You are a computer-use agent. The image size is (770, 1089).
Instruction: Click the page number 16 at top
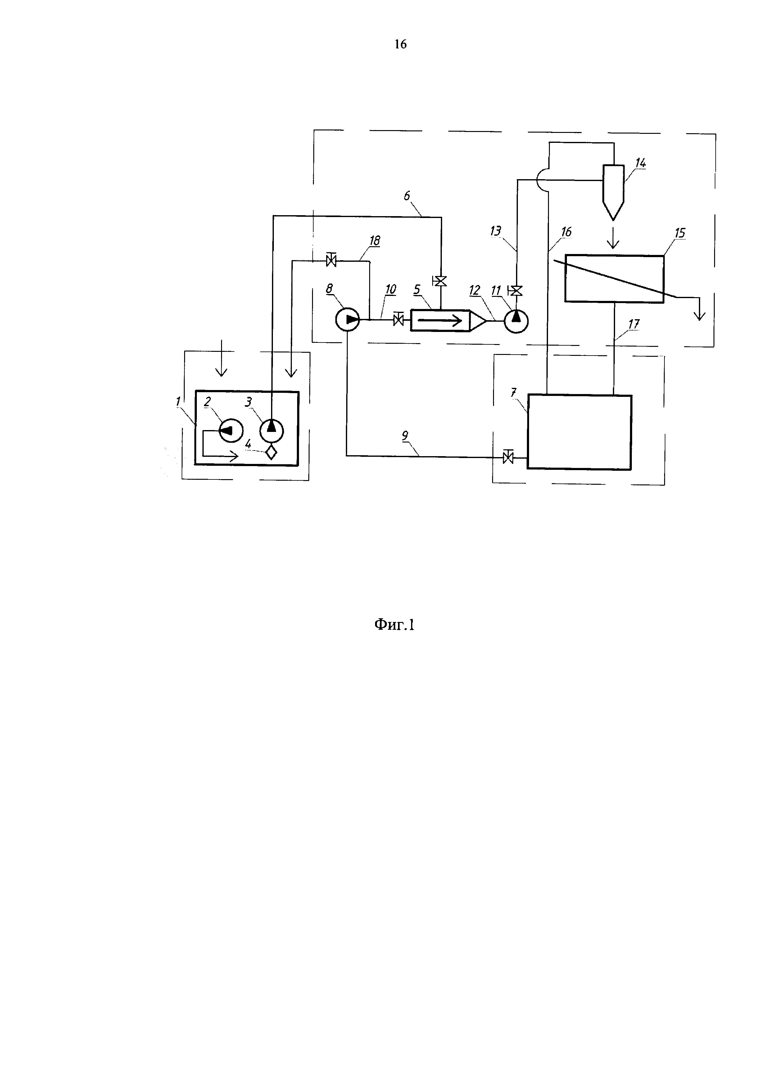pos(400,44)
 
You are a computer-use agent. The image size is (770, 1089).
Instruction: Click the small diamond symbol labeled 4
pos(271,452)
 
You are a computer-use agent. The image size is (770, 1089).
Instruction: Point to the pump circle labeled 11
pos(516,321)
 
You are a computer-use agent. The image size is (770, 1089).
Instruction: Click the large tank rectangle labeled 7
pos(579,432)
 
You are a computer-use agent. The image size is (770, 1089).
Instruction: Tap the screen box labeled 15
pos(614,279)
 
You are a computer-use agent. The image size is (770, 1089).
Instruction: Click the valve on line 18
pos(331,260)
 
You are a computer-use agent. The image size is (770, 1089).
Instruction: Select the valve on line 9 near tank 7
pos(508,457)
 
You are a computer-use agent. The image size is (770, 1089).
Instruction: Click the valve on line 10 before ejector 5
pos(398,321)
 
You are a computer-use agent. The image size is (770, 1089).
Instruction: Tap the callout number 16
pos(566,232)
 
